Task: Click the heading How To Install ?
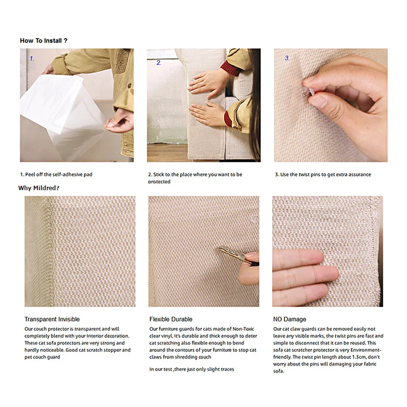pyautogui.click(x=44, y=41)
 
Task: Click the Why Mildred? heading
pyautogui.click(x=39, y=188)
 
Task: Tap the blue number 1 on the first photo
pyautogui.click(x=32, y=59)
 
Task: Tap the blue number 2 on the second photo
pyautogui.click(x=159, y=63)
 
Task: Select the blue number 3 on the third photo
pyautogui.click(x=287, y=58)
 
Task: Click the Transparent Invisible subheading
pyautogui.click(x=52, y=319)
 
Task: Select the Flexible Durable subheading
pyautogui.click(x=171, y=319)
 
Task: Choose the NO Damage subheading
pyautogui.click(x=289, y=319)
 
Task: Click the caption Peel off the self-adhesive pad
pyautogui.click(x=59, y=175)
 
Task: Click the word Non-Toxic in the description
pyautogui.click(x=243, y=329)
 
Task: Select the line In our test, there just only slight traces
pyautogui.click(x=192, y=369)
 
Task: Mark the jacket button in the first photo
pyautogui.click(x=129, y=85)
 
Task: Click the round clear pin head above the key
pyautogui.click(x=255, y=219)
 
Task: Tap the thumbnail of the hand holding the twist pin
pyautogui.click(x=330, y=105)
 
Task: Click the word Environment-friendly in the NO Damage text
pyautogui.click(x=327, y=353)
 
